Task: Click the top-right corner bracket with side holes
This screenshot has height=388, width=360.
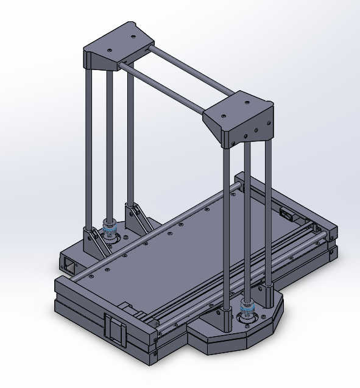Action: pos(241,119)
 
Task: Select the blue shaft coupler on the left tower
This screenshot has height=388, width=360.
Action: pos(110,231)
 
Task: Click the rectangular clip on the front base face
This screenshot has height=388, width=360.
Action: pos(115,330)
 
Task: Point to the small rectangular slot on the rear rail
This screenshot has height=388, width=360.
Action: pos(286,213)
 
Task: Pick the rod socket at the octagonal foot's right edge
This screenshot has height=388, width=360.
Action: pos(268,298)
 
